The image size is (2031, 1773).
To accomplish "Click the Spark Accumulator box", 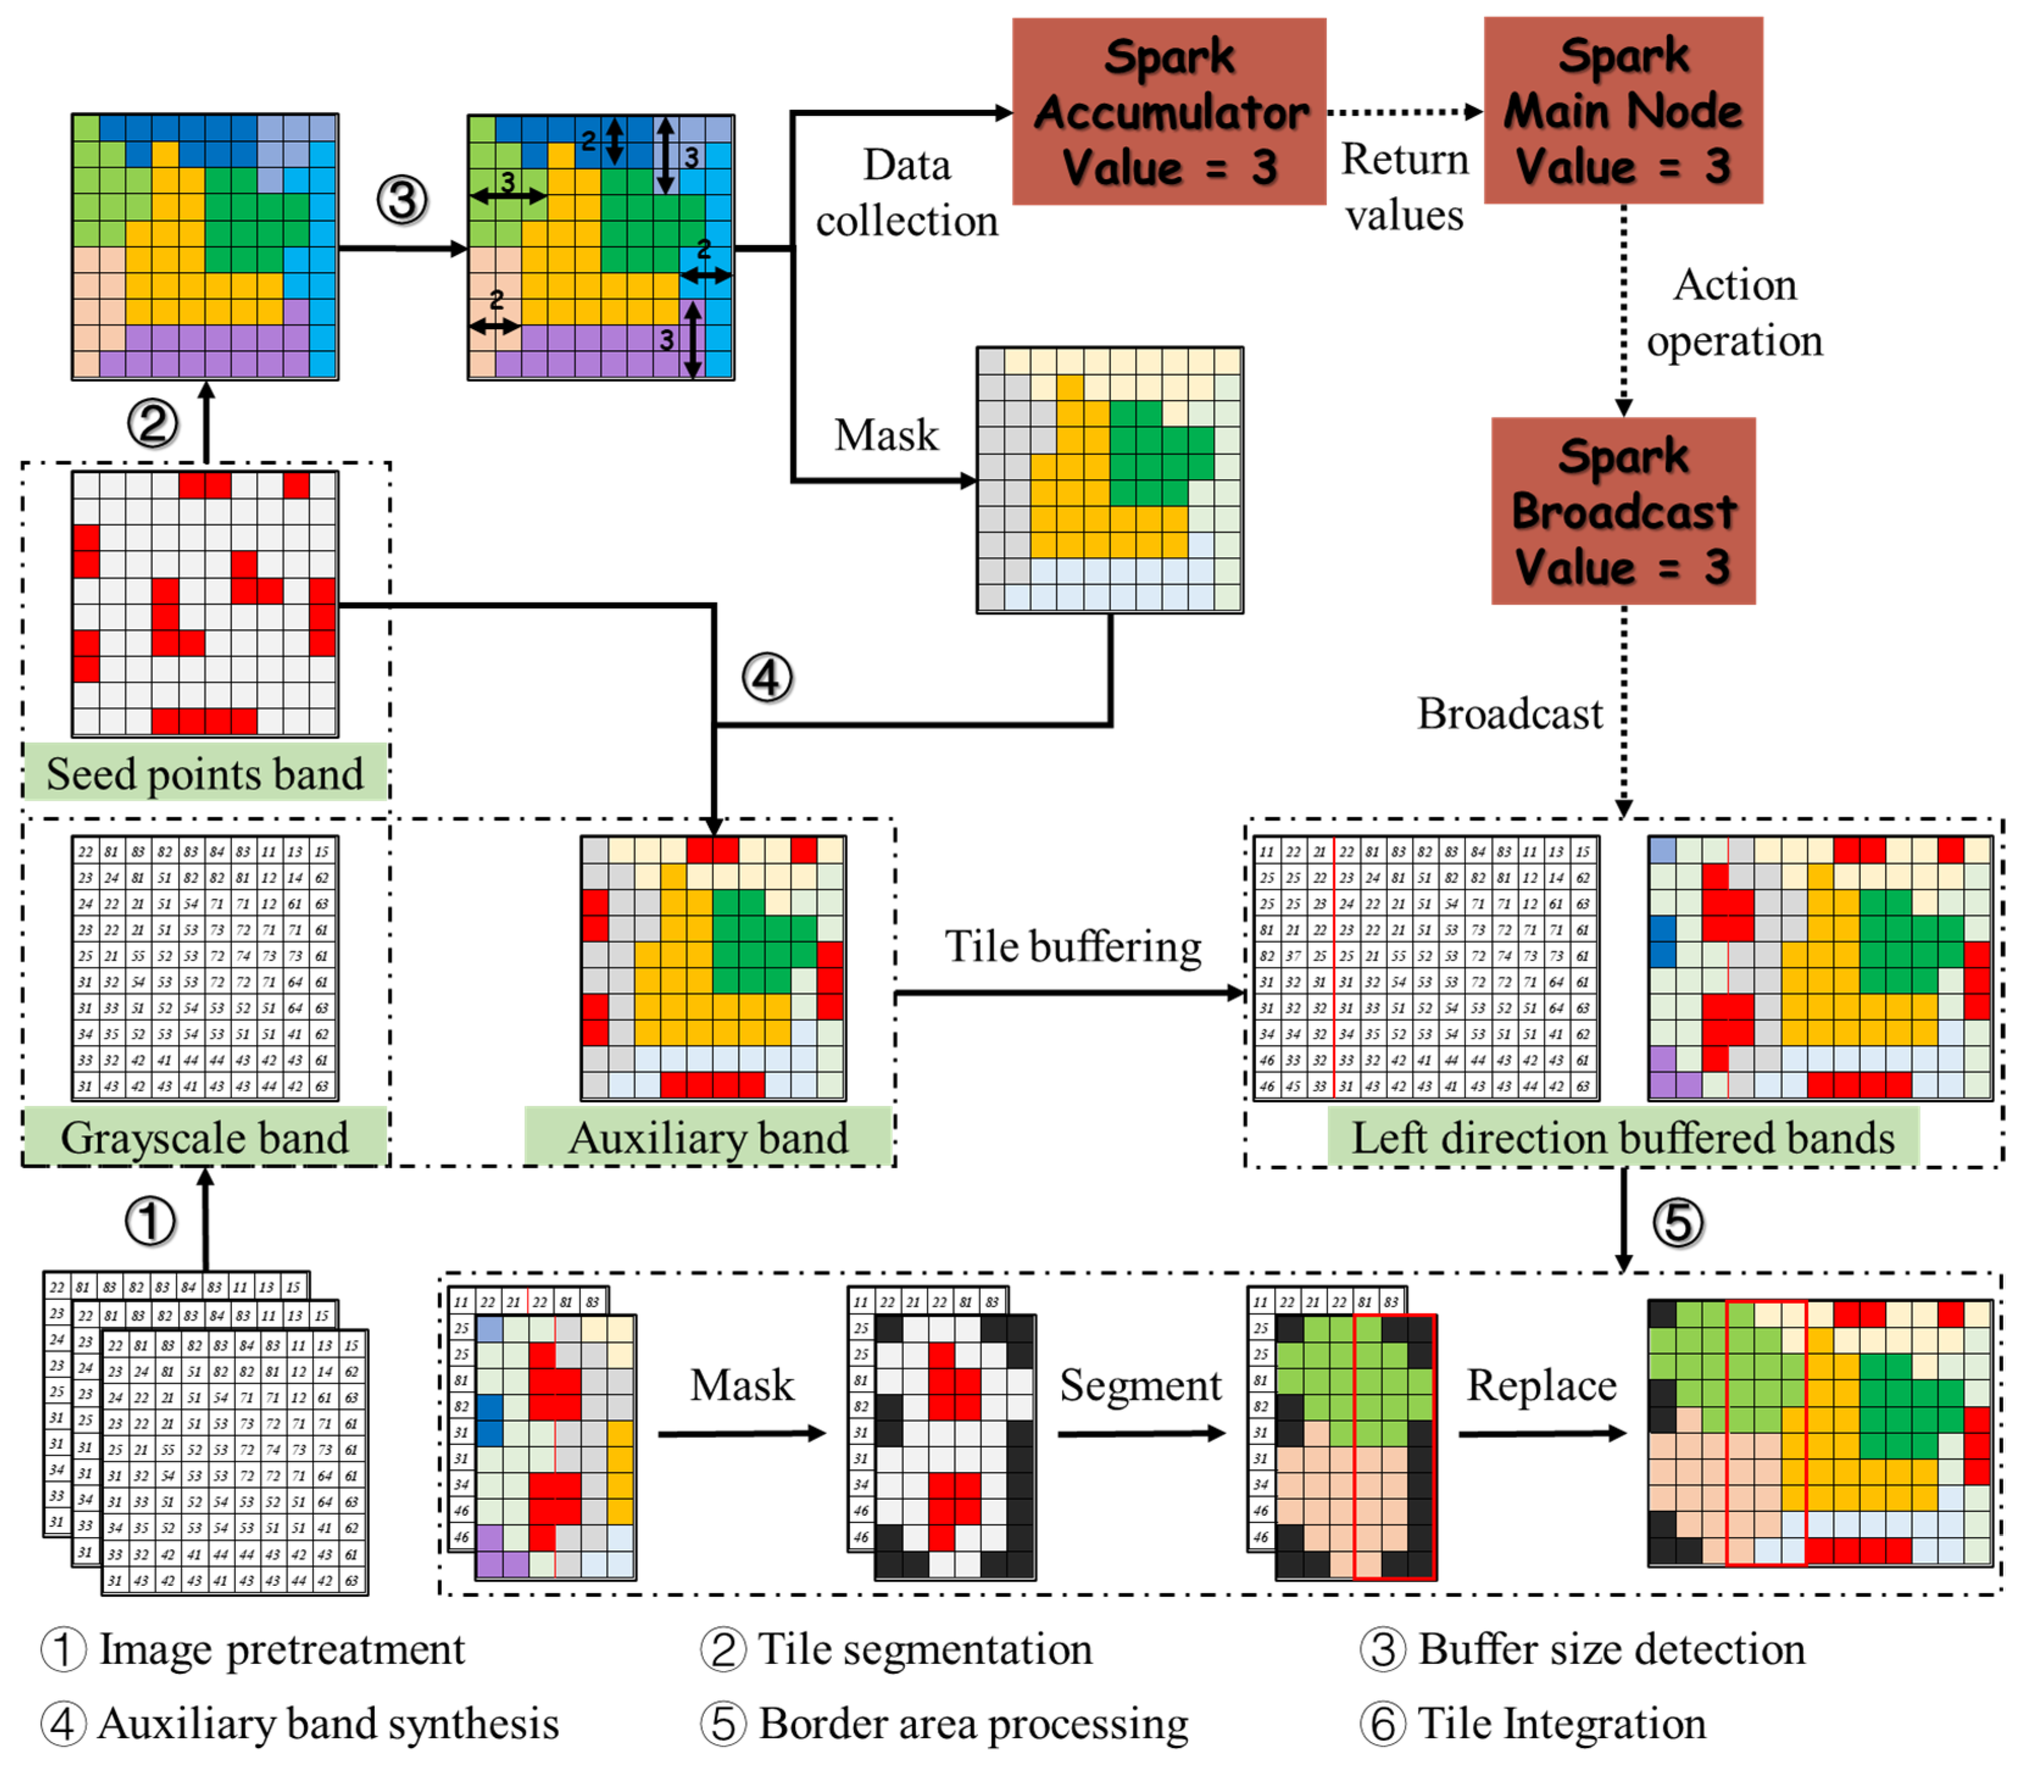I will coord(1168,112).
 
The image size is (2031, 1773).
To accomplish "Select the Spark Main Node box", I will coord(1623,111).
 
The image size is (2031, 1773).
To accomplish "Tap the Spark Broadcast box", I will coord(1623,511).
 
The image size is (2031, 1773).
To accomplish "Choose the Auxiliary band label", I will coord(708,1137).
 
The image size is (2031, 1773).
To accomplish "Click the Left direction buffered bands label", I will coord(1623,1137).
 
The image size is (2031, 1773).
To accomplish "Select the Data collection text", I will coord(907,193).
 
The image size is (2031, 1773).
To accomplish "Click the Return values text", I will coord(1405,187).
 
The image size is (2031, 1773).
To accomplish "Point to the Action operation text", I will coord(1734,313).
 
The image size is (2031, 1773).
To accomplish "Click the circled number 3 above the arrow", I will coord(402,201).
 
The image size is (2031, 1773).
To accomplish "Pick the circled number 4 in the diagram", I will coord(767,679).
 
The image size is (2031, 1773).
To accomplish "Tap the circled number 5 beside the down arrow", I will coord(1678,1222).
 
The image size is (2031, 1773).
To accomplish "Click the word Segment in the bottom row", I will coord(1140,1385).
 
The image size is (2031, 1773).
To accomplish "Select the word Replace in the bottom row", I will coord(1542,1385).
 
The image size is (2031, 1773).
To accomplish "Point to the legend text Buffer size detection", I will coord(1612,1649).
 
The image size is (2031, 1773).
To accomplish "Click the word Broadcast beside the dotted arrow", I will coord(1510,713).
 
